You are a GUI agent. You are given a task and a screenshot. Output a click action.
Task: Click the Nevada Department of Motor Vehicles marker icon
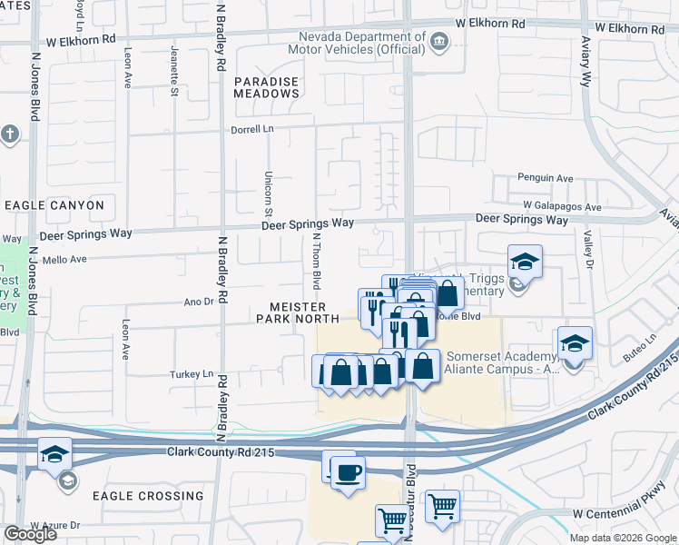439,40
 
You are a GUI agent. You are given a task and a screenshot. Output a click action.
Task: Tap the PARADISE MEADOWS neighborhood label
267,88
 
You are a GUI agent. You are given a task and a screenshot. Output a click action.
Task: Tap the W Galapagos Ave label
562,207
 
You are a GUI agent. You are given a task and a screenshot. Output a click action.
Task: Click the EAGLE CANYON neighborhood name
54,205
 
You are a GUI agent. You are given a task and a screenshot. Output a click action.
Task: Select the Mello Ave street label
64,259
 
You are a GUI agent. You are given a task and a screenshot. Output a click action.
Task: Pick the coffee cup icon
348,472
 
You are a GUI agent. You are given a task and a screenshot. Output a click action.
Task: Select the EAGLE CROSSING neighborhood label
148,496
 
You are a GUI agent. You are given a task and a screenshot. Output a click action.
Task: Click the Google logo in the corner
30,534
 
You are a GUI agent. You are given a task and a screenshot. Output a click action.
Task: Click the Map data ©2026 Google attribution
623,538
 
